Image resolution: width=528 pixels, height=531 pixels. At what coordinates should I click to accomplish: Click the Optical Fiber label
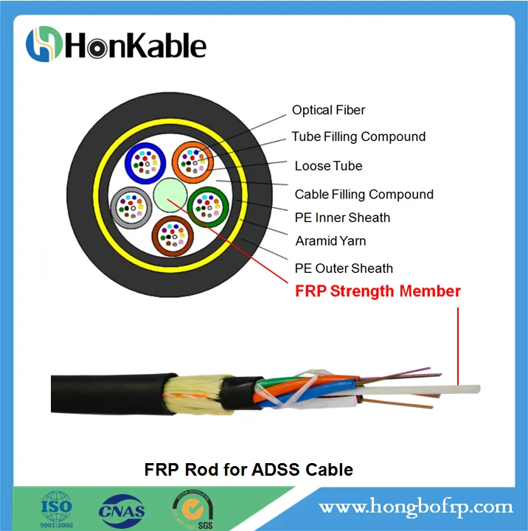(x=328, y=111)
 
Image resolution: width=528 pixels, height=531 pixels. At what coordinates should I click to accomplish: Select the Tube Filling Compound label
(x=358, y=137)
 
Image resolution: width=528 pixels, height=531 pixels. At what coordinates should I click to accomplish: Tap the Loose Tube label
(x=328, y=166)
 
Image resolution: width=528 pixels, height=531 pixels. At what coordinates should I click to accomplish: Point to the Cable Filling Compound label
(x=364, y=195)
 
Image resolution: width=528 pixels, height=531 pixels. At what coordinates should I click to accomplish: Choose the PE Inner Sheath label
(x=342, y=218)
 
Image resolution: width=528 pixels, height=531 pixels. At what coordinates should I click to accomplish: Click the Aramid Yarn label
(x=330, y=241)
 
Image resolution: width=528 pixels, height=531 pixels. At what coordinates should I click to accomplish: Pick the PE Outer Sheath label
(x=344, y=268)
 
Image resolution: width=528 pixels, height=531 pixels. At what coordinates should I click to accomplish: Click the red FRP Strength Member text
(x=378, y=291)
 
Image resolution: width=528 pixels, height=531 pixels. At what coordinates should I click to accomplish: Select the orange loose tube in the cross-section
(x=193, y=161)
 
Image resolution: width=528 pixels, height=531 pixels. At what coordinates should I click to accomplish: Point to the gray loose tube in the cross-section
(x=130, y=206)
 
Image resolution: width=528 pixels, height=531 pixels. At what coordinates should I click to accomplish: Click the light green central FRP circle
(x=170, y=195)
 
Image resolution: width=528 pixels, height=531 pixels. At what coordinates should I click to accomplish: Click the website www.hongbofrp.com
(x=415, y=507)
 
